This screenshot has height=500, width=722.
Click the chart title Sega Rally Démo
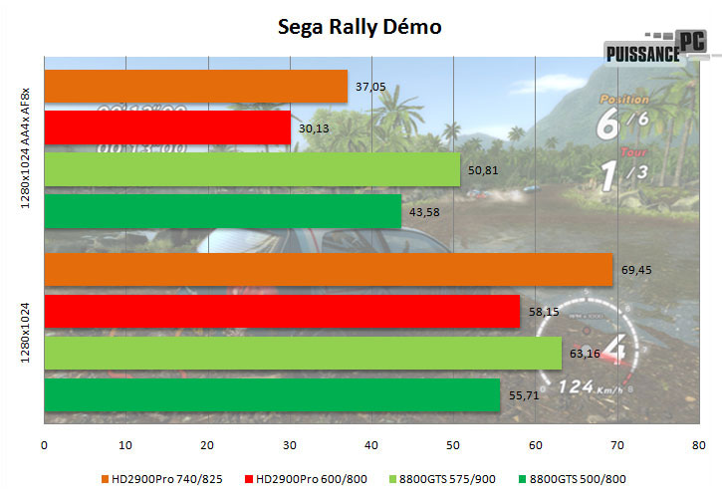pyautogui.click(x=360, y=27)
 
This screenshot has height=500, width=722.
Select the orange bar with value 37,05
pyautogui.click(x=196, y=87)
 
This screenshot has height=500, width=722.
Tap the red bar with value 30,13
pyautogui.click(x=167, y=127)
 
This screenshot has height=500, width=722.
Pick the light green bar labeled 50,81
pyautogui.click(x=252, y=169)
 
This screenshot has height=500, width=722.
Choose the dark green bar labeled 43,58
pyautogui.click(x=222, y=211)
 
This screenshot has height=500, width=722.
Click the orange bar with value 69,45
pyautogui.click(x=329, y=270)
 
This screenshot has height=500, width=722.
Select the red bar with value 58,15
pyautogui.click(x=282, y=312)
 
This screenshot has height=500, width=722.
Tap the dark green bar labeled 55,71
pyautogui.click(x=272, y=395)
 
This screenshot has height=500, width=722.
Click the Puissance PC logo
pyautogui.click(x=656, y=49)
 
